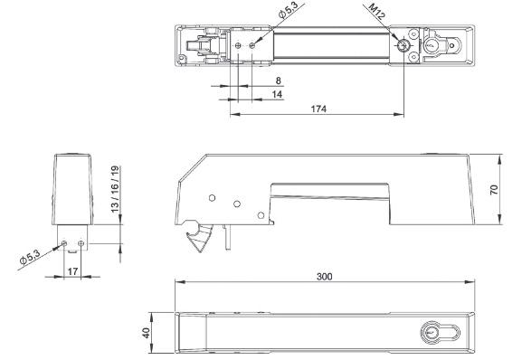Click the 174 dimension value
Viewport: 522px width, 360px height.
pyautogui.click(x=318, y=109)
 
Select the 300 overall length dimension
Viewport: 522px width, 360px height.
pyautogui.click(x=324, y=277)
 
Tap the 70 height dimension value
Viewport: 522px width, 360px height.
pyautogui.click(x=494, y=190)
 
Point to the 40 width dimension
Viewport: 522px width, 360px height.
pyautogui.click(x=147, y=333)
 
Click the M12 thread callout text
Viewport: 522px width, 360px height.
pyautogui.click(x=377, y=12)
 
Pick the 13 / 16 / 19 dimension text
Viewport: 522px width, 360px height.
pyautogui.click(x=115, y=189)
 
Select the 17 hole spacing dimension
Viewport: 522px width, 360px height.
pyautogui.click(x=72, y=271)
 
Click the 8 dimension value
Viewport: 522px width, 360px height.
pyautogui.click(x=279, y=81)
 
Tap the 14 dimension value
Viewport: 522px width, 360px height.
pyautogui.click(x=277, y=94)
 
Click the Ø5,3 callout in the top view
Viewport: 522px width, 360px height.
pyautogui.click(x=289, y=10)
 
